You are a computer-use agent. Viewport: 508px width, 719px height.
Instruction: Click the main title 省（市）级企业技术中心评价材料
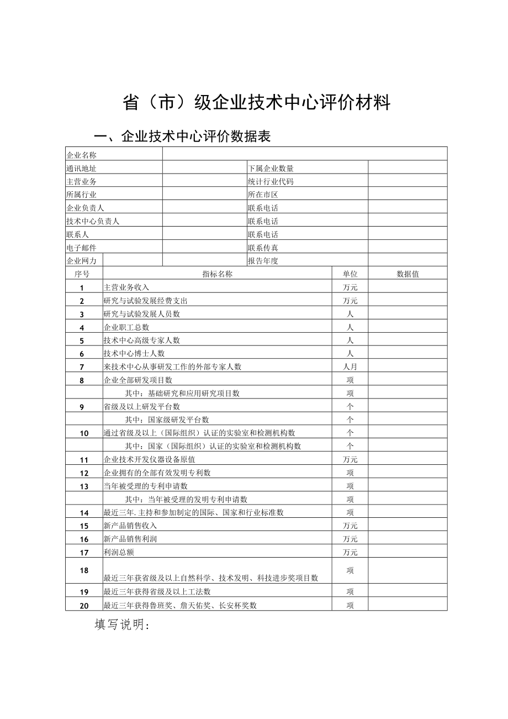click(x=256, y=103)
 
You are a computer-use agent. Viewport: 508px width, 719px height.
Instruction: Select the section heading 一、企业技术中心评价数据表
click(x=182, y=137)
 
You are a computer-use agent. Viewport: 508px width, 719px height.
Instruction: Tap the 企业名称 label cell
click(x=81, y=155)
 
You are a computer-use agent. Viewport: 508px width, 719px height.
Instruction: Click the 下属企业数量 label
click(x=271, y=169)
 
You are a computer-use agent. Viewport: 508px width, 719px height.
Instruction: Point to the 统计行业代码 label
click(x=271, y=182)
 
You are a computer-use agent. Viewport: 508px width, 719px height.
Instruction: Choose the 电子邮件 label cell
click(x=81, y=248)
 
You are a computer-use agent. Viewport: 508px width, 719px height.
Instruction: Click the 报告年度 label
click(x=263, y=261)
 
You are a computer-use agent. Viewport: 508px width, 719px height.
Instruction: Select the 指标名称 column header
click(x=217, y=274)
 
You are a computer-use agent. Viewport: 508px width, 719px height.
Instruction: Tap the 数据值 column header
click(x=408, y=274)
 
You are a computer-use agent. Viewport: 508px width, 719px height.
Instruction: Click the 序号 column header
click(x=82, y=274)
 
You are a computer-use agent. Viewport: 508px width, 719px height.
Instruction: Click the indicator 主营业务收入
click(x=126, y=287)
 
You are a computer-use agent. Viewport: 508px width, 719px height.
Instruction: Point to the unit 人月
click(x=350, y=367)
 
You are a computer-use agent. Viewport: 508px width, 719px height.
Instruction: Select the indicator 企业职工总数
click(x=126, y=327)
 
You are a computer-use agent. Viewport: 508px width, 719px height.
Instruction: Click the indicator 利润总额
click(x=119, y=553)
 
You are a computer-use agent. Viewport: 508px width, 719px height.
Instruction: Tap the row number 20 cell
click(x=84, y=606)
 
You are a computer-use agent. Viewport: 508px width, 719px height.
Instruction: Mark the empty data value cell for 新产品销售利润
click(x=408, y=539)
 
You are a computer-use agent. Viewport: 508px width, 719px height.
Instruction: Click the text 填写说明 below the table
click(x=122, y=624)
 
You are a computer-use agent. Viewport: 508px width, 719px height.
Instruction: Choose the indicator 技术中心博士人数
click(x=134, y=354)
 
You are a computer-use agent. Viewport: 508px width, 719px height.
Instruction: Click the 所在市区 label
click(x=263, y=195)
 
